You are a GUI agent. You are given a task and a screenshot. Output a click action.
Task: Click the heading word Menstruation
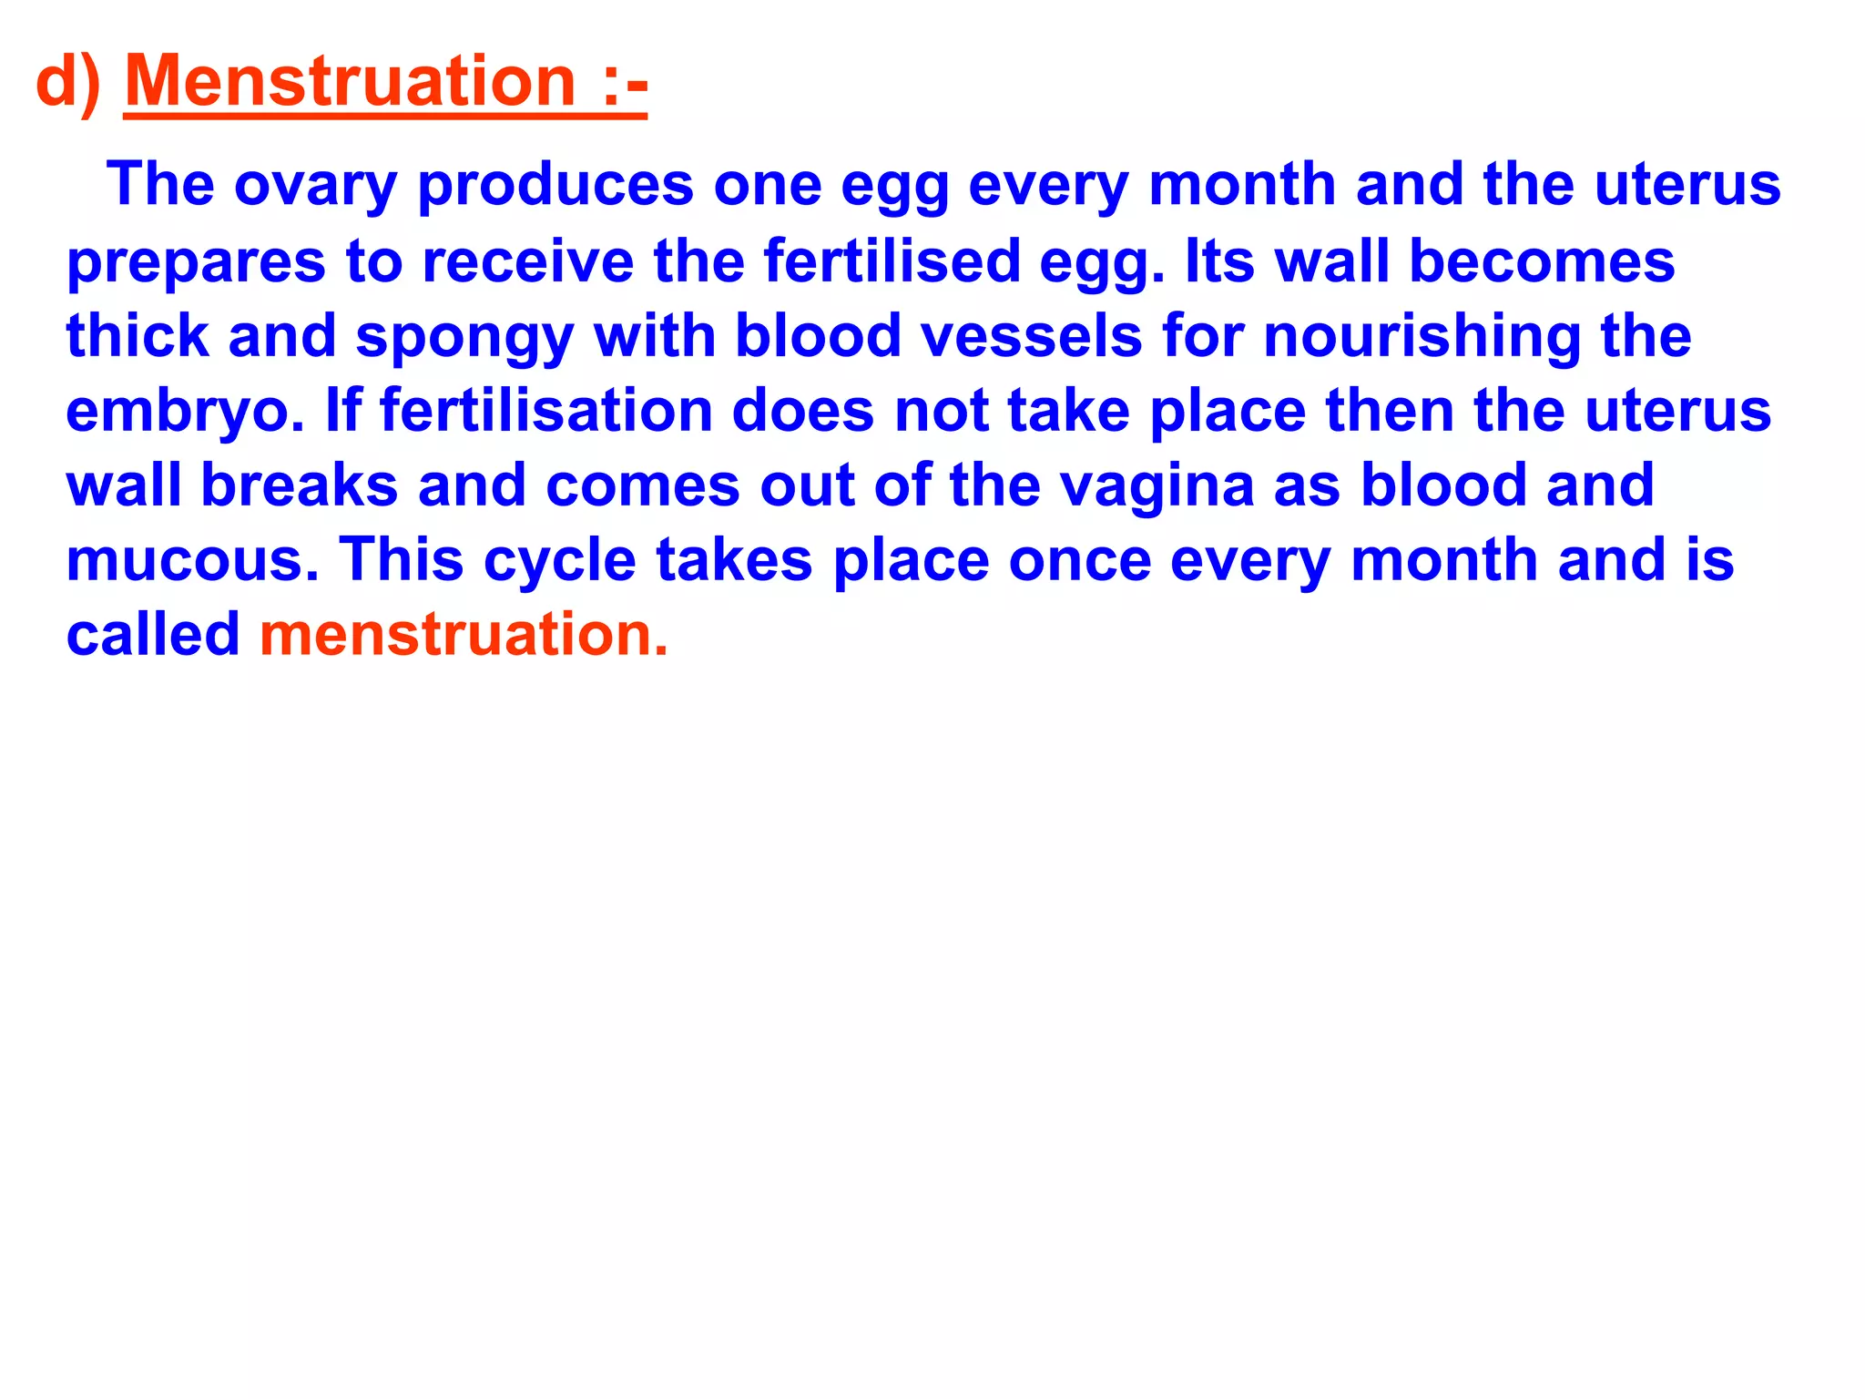pos(351,82)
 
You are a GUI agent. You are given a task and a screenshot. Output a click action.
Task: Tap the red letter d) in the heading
pos(68,82)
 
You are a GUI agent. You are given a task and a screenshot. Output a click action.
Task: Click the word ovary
pos(315,186)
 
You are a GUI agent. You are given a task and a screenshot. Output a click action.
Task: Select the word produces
pos(555,186)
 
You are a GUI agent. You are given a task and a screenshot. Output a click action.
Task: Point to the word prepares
pos(197,262)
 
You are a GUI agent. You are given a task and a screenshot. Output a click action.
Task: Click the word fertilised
pos(892,260)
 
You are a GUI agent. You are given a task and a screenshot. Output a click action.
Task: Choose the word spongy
pos(464,337)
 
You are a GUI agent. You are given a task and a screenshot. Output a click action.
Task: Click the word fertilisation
pos(545,410)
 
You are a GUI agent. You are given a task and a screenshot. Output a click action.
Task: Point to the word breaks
pos(299,485)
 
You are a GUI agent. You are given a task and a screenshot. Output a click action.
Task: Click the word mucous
pos(192,559)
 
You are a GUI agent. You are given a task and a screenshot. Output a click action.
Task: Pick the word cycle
pos(559,561)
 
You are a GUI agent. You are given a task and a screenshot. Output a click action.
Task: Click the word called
pos(153,634)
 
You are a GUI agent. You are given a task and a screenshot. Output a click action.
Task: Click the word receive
pos(528,260)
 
